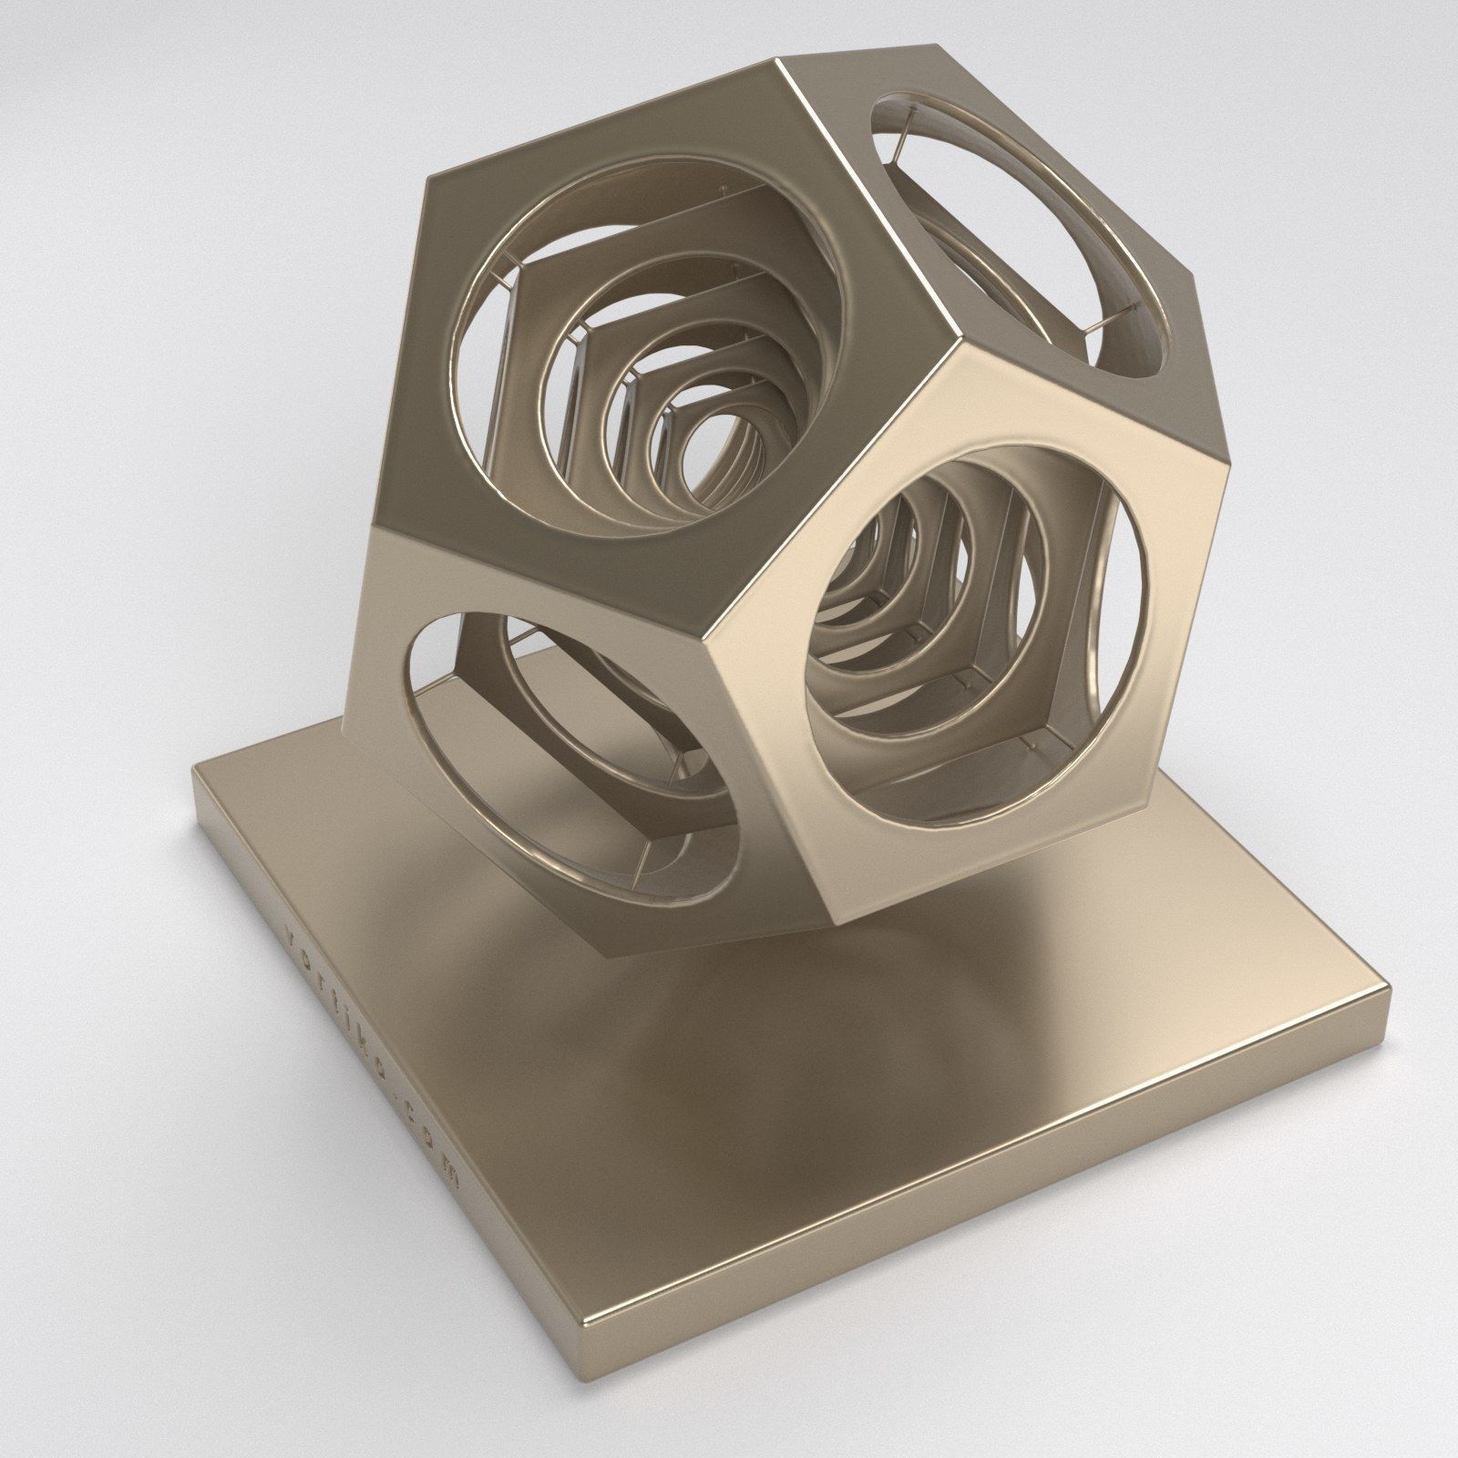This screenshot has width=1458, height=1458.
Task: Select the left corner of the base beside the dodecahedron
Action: click(193, 771)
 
